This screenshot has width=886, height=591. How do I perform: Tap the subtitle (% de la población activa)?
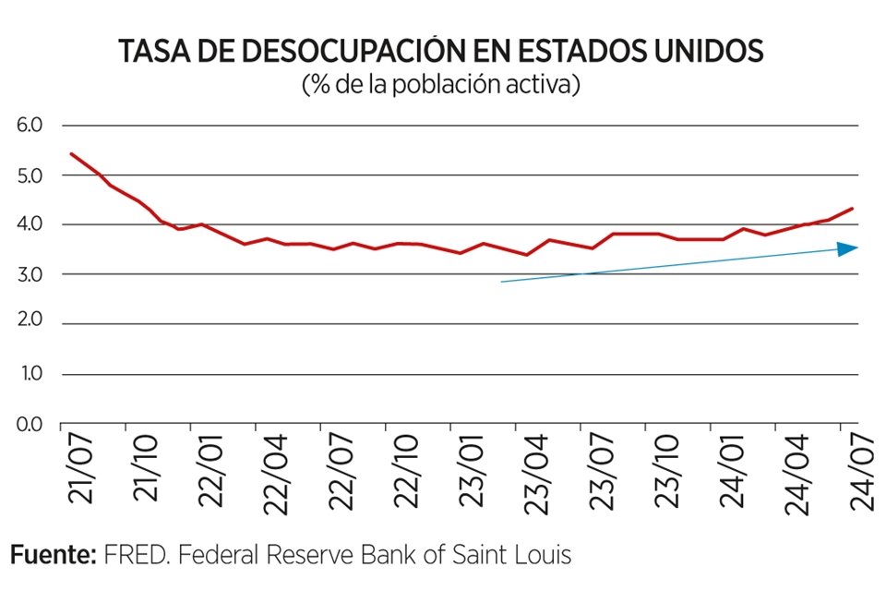coord(441,85)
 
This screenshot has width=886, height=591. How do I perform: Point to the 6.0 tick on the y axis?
coord(30,126)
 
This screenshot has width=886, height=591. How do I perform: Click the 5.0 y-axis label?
coord(30,175)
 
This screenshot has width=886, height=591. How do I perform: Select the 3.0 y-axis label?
coord(30,275)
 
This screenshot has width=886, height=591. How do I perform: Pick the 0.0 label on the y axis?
coord(30,425)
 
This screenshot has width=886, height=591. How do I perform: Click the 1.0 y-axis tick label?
coord(30,375)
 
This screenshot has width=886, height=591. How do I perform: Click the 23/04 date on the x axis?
coord(538,472)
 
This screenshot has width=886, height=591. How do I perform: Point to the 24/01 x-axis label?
coord(735,472)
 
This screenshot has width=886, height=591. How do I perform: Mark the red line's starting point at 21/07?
coord(71,153)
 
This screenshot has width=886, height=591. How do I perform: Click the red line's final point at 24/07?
coord(852,209)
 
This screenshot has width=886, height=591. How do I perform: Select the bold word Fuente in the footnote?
coord(52,555)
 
